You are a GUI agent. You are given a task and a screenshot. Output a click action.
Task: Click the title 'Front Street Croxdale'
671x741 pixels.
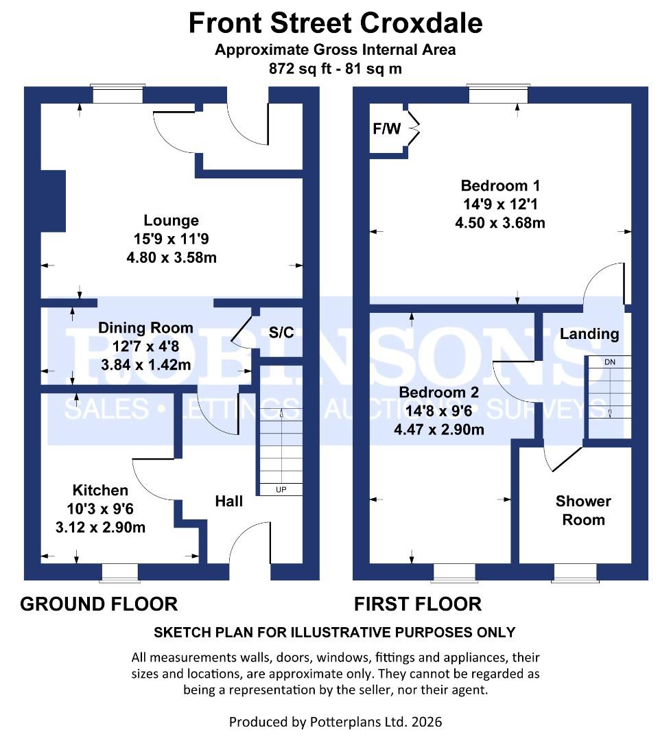tap(335, 23)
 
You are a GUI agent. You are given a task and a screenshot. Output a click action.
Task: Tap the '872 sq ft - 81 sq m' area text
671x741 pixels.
tap(335, 69)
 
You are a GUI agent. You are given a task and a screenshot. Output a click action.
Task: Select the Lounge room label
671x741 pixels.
tap(171, 220)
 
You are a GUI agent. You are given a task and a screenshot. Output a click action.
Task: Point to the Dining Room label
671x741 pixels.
tap(145, 327)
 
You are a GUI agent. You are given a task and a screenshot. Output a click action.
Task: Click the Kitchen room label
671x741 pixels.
tap(100, 490)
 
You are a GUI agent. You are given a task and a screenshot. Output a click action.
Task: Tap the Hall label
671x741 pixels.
tap(228, 502)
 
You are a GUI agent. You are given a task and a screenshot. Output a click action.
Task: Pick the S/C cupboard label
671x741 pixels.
tap(281, 333)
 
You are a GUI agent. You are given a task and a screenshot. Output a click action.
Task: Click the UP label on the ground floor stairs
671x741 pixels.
tap(281, 490)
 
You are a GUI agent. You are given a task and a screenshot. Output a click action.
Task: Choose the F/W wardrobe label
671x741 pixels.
tap(386, 129)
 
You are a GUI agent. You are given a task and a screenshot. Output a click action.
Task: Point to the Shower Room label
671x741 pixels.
tap(583, 510)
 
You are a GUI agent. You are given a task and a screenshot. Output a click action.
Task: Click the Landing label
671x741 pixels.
tap(589, 334)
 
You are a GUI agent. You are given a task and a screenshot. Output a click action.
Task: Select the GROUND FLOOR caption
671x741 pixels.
tap(99, 604)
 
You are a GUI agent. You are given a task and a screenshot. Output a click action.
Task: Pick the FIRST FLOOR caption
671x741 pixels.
tap(417, 604)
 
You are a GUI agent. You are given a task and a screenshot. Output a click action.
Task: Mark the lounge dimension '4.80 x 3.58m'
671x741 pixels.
tap(171, 257)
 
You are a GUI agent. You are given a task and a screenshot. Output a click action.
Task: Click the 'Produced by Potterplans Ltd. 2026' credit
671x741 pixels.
tap(335, 722)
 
